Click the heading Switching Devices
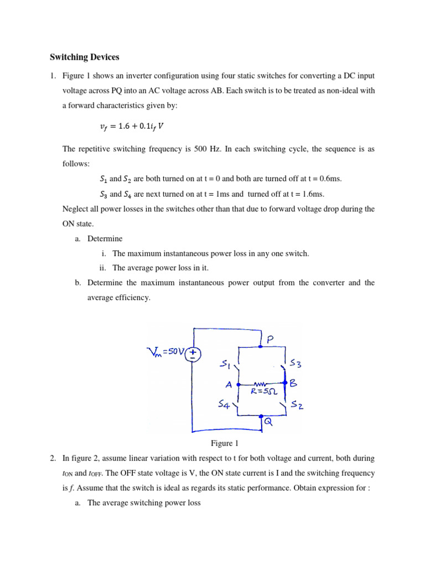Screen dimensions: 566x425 pyautogui.click(x=84, y=57)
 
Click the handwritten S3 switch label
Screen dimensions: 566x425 pyautogui.click(x=295, y=365)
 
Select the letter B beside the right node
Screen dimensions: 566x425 pyautogui.click(x=294, y=382)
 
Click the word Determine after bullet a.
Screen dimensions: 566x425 pyautogui.click(x=105, y=239)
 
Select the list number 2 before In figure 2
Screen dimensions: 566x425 pyautogui.click(x=53, y=458)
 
